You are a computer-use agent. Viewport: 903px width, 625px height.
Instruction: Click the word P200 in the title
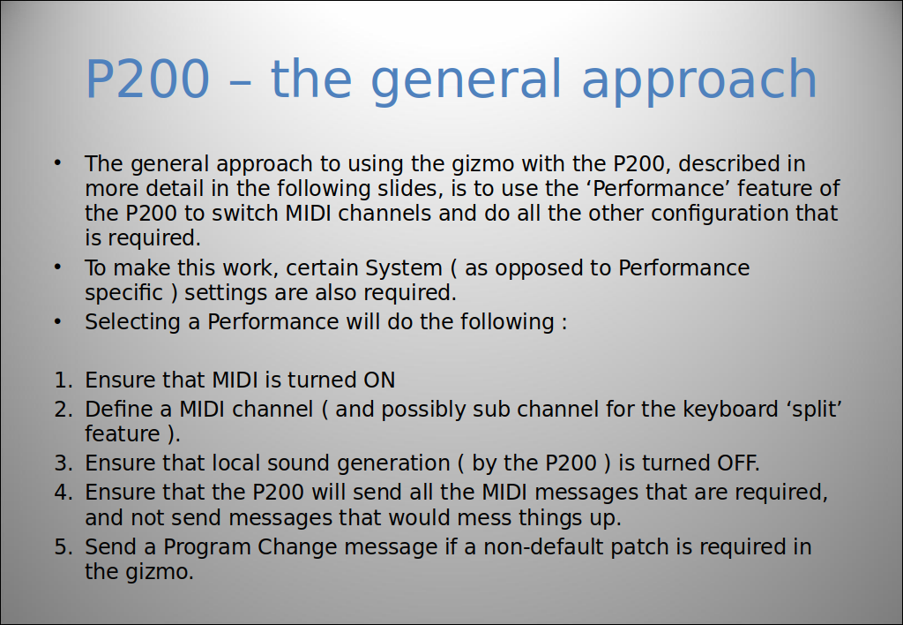coord(147,79)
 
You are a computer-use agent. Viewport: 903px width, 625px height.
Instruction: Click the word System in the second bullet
coord(404,268)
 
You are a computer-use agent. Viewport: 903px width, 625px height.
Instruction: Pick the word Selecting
coord(133,321)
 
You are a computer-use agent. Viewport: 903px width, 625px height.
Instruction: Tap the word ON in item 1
coord(379,380)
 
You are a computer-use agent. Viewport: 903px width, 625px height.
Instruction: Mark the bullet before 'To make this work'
coord(57,267)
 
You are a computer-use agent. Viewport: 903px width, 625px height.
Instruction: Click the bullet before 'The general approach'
coord(57,163)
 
